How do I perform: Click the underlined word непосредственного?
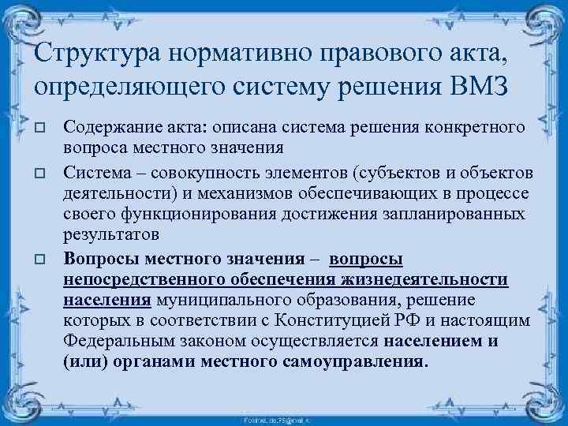point(145,280)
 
